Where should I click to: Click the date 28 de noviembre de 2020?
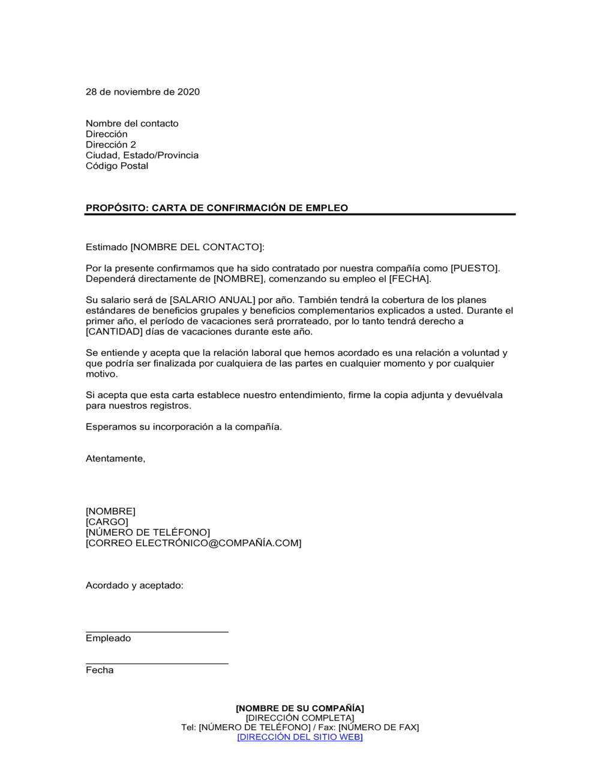coord(142,92)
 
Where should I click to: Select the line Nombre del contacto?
coord(132,124)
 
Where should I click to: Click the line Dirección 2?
coord(110,145)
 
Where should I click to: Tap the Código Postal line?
coord(116,166)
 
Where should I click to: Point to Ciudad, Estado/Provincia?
coord(142,155)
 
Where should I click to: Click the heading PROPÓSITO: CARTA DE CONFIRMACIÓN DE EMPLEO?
coord(217,208)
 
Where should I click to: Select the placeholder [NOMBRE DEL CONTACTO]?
coord(196,247)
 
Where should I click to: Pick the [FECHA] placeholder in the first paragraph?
coord(409,279)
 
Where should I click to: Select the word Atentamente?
coord(115,459)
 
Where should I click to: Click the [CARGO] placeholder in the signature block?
coord(107,522)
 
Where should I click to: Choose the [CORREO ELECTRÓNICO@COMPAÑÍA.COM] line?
coord(193,544)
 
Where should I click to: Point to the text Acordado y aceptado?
coord(134,586)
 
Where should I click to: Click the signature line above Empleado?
coord(157,631)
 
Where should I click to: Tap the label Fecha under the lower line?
coord(100,670)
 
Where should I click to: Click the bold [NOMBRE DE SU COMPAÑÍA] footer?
coord(299,709)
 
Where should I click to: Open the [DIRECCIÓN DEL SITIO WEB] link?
coord(299,737)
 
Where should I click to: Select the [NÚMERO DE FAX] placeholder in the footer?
coord(379,728)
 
